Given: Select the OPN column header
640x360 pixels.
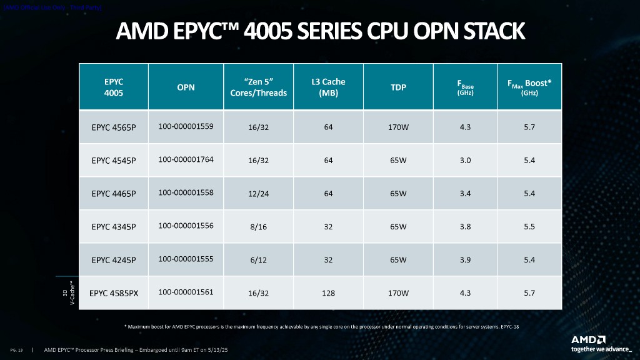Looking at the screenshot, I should [186, 87].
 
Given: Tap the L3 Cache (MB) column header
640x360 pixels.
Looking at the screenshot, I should [328, 87].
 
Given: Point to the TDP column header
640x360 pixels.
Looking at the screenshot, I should [399, 87].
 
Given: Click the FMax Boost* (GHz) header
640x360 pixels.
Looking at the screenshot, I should [529, 87].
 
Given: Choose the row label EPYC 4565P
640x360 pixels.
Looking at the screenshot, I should [114, 127].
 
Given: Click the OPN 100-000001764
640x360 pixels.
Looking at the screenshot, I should [186, 159].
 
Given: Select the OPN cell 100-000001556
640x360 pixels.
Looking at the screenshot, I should [186, 226].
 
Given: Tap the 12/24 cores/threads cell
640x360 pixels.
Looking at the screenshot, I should [257, 194].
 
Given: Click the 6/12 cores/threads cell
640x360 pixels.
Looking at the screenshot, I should [257, 260].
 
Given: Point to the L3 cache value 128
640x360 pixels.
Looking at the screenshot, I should [328, 293].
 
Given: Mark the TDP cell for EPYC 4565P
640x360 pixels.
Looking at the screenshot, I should [399, 127].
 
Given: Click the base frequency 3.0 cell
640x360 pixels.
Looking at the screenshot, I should [465, 160].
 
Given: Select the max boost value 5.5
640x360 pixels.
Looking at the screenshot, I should [529, 227].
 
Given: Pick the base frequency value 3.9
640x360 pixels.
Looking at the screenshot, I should [465, 260].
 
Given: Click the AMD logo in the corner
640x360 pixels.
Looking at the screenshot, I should [588, 339].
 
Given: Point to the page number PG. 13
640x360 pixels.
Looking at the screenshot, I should [17, 350].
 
